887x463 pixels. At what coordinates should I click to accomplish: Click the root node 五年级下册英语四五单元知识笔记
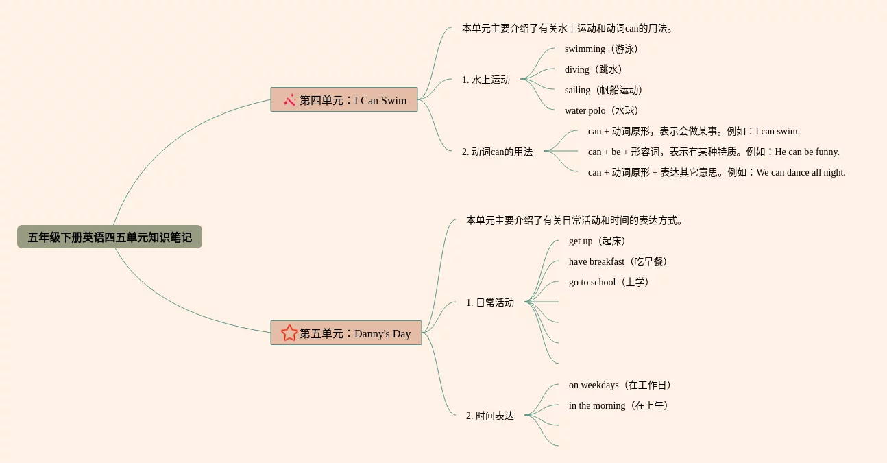pos(110,237)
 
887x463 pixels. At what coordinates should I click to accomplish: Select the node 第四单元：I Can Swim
pos(344,100)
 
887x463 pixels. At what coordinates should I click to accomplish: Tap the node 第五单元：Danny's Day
pos(346,333)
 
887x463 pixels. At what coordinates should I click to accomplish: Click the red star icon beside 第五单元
pos(289,333)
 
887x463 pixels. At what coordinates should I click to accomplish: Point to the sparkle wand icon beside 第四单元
pos(290,100)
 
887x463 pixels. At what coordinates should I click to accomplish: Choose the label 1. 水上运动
pos(486,80)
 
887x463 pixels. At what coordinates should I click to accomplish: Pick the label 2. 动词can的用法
pos(497,152)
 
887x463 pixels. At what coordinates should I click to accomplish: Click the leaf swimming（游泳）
pos(603,49)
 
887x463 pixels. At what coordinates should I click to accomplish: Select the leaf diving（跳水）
pos(595,69)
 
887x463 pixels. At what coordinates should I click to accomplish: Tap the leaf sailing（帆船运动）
pos(605,90)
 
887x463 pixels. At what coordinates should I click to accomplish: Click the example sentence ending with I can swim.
pos(694,131)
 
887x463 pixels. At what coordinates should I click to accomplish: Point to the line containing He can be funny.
pos(714,152)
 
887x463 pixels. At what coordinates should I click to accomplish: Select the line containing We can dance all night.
pos(716,172)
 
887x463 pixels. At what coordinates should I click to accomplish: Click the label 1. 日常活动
pos(490,302)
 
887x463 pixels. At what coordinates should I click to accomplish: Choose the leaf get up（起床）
pos(599,241)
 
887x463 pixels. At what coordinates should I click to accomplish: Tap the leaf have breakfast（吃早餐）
pos(620,261)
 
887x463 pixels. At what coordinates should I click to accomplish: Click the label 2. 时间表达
pos(490,416)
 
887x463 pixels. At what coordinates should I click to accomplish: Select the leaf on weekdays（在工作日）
pos(622,385)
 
